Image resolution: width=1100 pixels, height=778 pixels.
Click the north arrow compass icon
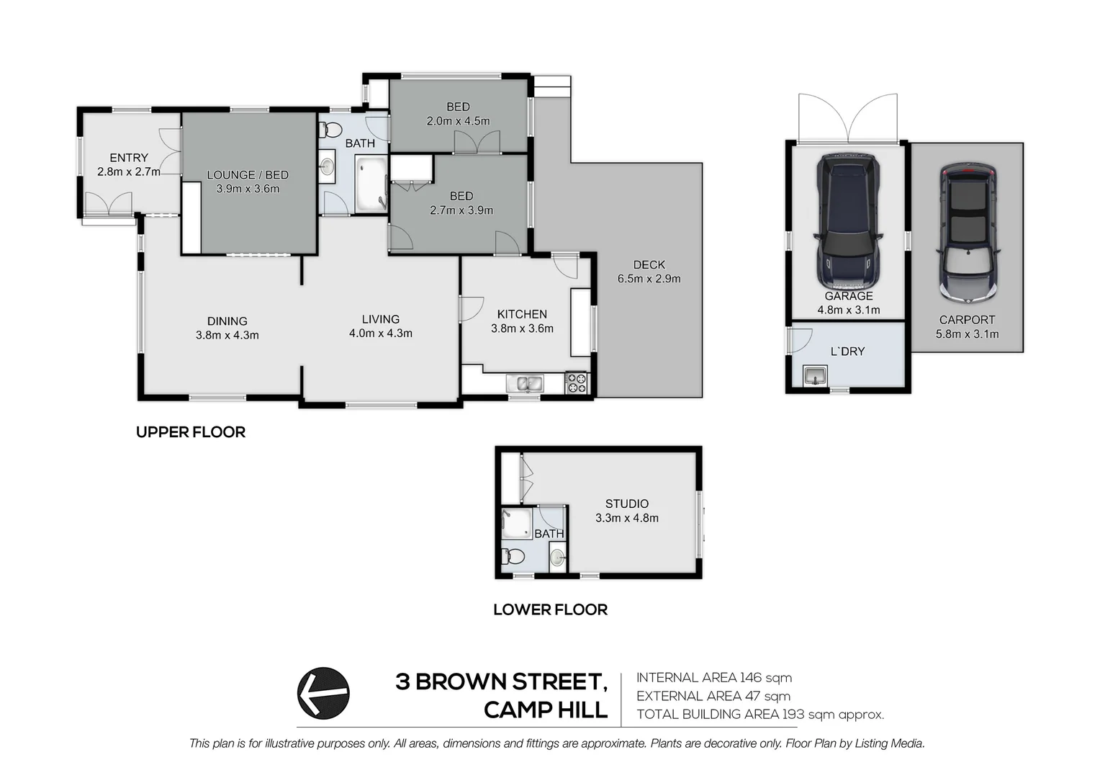click(323, 692)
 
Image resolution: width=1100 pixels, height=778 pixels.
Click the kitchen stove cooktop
click(576, 383)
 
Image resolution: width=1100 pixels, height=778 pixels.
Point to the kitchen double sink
click(525, 383)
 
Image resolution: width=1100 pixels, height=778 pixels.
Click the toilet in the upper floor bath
click(330, 130)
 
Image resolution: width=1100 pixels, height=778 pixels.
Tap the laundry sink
click(814, 375)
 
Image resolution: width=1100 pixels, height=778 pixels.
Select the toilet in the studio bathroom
click(514, 556)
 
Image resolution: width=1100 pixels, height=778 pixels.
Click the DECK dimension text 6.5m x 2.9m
click(649, 279)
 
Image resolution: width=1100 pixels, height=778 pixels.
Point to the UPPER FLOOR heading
click(191, 432)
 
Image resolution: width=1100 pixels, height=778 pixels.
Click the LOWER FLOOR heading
click(550, 610)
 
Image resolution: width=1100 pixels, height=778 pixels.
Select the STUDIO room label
click(626, 504)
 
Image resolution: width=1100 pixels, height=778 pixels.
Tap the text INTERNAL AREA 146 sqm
click(713, 678)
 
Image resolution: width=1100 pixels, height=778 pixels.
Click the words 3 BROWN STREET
click(501, 682)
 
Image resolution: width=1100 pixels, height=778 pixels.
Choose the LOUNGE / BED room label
click(248, 175)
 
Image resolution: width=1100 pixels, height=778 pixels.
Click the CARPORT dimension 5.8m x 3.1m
click(967, 334)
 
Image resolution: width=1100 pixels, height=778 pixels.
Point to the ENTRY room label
click(129, 158)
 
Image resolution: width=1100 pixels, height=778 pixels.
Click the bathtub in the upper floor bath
click(371, 186)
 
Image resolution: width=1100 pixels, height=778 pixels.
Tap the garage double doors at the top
click(848, 119)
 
